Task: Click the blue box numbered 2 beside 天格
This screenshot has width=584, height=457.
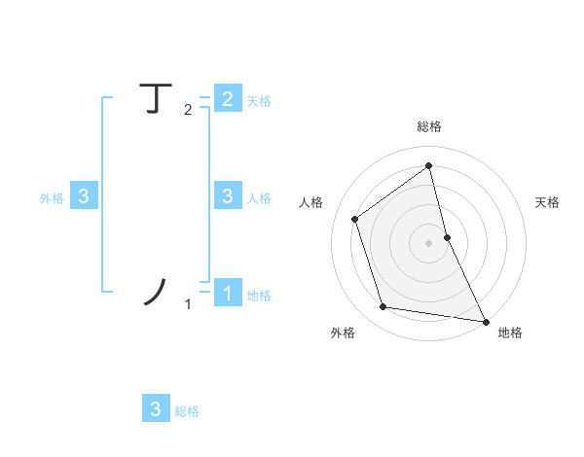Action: coord(227,98)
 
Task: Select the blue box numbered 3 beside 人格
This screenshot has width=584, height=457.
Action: coord(227,195)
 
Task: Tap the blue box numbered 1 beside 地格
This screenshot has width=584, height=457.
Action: coord(227,292)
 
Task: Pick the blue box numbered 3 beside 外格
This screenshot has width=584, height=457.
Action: coord(84,195)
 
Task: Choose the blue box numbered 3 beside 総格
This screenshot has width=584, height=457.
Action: coord(156,408)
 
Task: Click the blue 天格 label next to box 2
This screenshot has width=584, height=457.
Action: coord(259,101)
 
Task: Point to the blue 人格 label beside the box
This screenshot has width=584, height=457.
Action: coord(259,198)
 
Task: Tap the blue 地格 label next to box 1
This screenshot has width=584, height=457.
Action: coord(259,296)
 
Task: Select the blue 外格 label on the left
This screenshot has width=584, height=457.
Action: coord(52,198)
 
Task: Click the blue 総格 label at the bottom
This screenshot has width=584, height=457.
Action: coord(187,411)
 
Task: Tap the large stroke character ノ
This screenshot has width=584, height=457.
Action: coord(156,291)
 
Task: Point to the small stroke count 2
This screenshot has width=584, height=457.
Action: coord(188,110)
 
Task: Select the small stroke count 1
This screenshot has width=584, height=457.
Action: coord(188,304)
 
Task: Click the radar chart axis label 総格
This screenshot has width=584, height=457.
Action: coord(429,126)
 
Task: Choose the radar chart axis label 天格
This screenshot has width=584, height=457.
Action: coord(547,202)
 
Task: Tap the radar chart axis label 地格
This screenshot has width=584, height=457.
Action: coord(510,333)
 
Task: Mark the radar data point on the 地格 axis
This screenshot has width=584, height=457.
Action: coord(485,319)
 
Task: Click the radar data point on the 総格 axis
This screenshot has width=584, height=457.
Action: coord(429,165)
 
